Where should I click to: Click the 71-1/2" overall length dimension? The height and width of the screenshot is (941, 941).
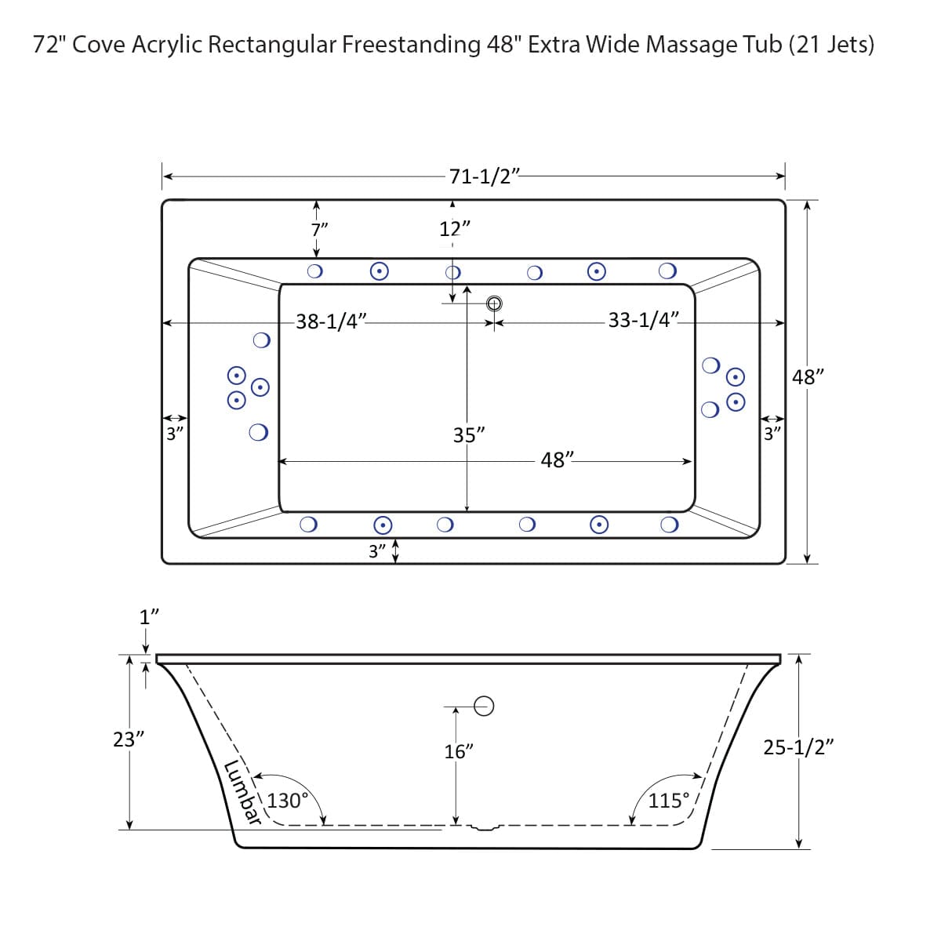coord(484,176)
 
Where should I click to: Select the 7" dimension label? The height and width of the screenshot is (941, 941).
coord(319,230)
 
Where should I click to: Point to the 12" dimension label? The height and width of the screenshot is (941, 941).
coord(455,229)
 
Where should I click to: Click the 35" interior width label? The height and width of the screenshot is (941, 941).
coord(469,435)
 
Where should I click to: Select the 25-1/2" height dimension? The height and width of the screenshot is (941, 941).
coord(798,747)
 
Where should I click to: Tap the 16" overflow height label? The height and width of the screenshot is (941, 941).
coord(459,751)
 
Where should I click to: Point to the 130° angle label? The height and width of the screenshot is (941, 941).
coord(288,801)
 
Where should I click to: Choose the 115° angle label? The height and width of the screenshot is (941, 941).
coord(669,801)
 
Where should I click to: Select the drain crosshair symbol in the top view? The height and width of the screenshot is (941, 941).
coord(494,303)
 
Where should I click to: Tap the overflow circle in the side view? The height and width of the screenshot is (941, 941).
coord(485,707)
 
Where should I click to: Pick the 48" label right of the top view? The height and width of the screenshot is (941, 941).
coord(808,377)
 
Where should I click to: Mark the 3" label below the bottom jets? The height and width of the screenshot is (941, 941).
coord(378,551)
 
